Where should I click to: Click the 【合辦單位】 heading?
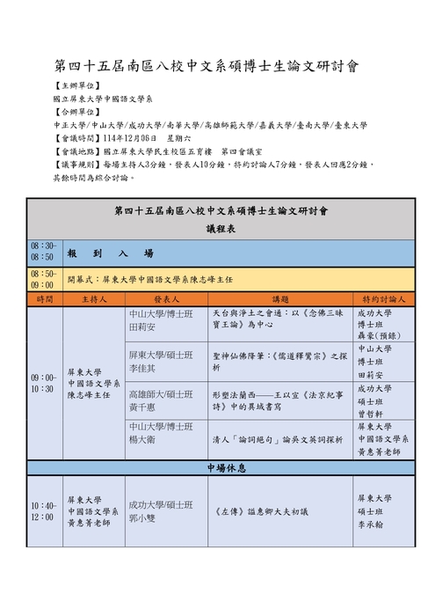coord(76,113)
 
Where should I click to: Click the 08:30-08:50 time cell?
coord(43,252)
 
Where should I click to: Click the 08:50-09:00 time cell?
coord(43,280)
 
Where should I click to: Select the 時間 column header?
coord(44,299)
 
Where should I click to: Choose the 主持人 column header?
coord(94,299)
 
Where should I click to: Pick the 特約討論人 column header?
coord(384,299)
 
